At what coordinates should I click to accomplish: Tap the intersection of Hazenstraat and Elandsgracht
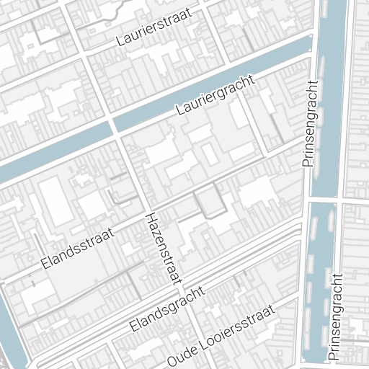175,282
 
